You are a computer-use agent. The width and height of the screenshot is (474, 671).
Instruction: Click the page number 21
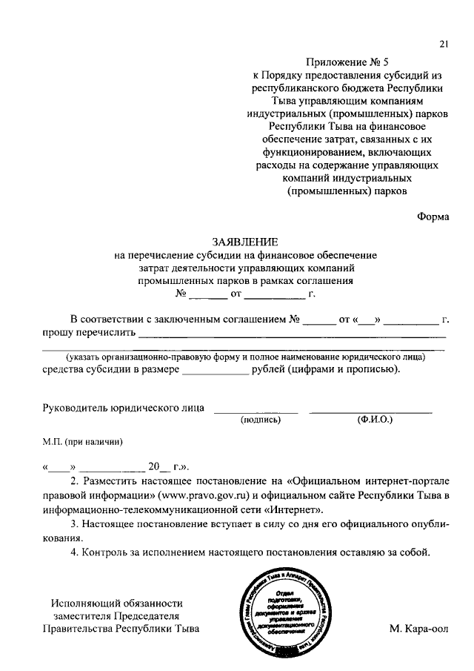443,44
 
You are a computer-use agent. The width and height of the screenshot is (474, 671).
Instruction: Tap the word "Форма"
433,217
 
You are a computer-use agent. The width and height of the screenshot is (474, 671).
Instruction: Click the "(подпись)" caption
261,420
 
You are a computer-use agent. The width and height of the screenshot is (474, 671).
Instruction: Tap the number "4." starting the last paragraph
73,552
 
